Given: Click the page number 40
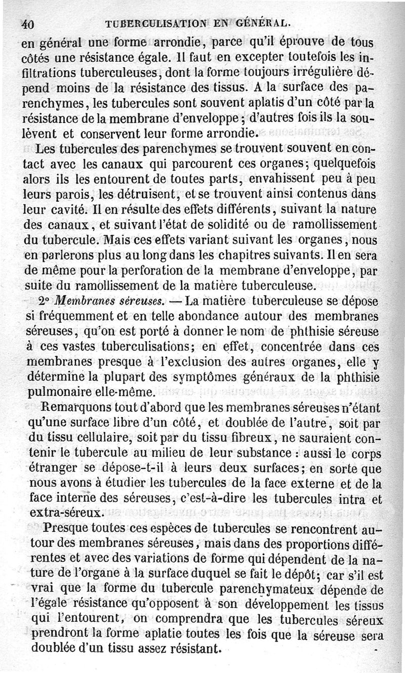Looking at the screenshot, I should click(x=27, y=24).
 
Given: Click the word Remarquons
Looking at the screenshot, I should click(x=82, y=407).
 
